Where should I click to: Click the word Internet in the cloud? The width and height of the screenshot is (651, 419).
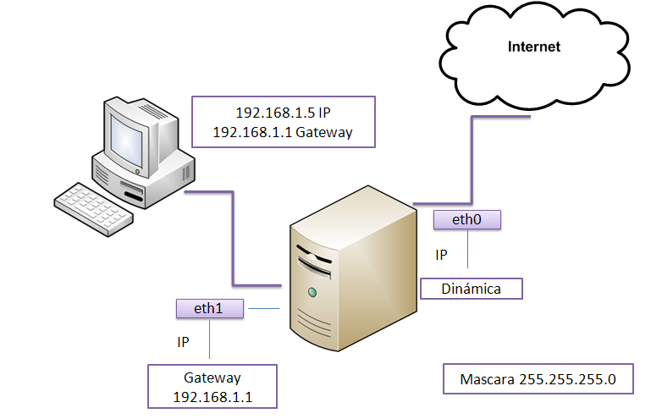pyautogui.click(x=533, y=47)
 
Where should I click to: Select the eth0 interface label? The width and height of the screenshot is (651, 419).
pyautogui.click(x=466, y=220)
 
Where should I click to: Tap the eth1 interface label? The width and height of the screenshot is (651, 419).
pyautogui.click(x=209, y=309)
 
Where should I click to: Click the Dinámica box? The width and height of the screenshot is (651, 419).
pyautogui.click(x=472, y=289)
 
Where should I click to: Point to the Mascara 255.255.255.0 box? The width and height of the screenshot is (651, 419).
pyautogui.click(x=538, y=379)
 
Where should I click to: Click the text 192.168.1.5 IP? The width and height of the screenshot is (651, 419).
pyautogui.click(x=283, y=113)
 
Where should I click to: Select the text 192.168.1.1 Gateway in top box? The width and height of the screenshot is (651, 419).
pyautogui.click(x=283, y=133)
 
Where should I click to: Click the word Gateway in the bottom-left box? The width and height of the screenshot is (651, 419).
pyautogui.click(x=212, y=378)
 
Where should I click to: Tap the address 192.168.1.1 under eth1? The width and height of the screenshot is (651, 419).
pyautogui.click(x=212, y=396)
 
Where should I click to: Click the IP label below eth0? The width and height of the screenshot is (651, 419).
pyautogui.click(x=441, y=254)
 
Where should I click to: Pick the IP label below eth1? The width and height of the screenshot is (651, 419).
pyautogui.click(x=183, y=342)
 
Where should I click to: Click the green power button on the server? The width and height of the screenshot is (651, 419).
pyautogui.click(x=313, y=293)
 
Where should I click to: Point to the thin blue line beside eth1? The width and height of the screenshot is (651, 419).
pyautogui.click(x=262, y=309)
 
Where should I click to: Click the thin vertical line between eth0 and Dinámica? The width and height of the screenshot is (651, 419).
pyautogui.click(x=466, y=254)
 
